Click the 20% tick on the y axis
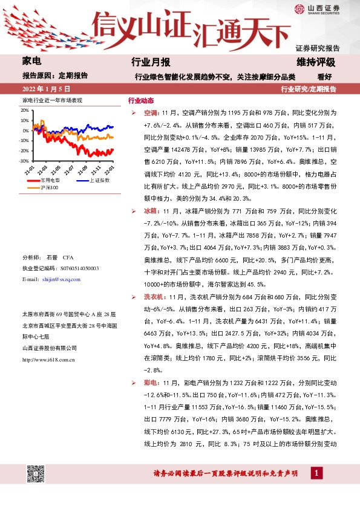(x=24, y=111)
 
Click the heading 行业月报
(x=151, y=62)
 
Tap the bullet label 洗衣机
(x=155, y=297)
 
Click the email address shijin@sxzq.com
(x=62, y=280)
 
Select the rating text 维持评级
(x=316, y=62)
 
